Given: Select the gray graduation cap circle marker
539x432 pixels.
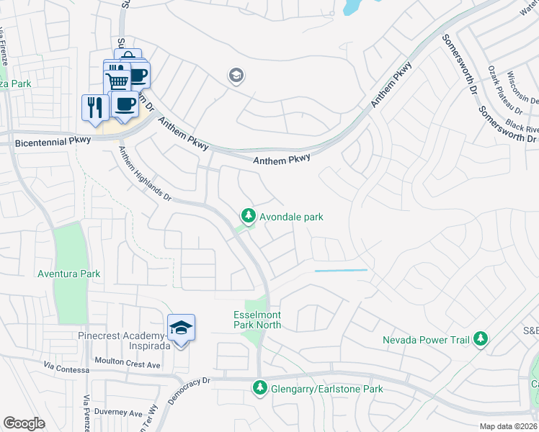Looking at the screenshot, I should coord(235,75).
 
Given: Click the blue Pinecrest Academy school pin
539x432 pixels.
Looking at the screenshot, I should coord(181,328).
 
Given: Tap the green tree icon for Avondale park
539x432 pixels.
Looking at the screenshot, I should coord(248,216).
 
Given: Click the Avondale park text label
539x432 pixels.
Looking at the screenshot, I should coord(292,217).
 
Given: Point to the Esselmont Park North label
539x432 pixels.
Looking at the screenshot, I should coord(257,320).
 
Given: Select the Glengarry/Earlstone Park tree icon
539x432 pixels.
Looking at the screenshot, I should coord(259,389).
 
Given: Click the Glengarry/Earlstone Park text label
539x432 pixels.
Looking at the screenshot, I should coord(326,390).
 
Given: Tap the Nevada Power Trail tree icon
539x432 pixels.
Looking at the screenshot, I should coord(481,339).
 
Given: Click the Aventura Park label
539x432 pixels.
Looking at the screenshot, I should coord(69,274).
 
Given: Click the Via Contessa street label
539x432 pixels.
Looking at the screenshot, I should coord(66,369).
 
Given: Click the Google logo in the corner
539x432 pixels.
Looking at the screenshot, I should coord(24,423).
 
